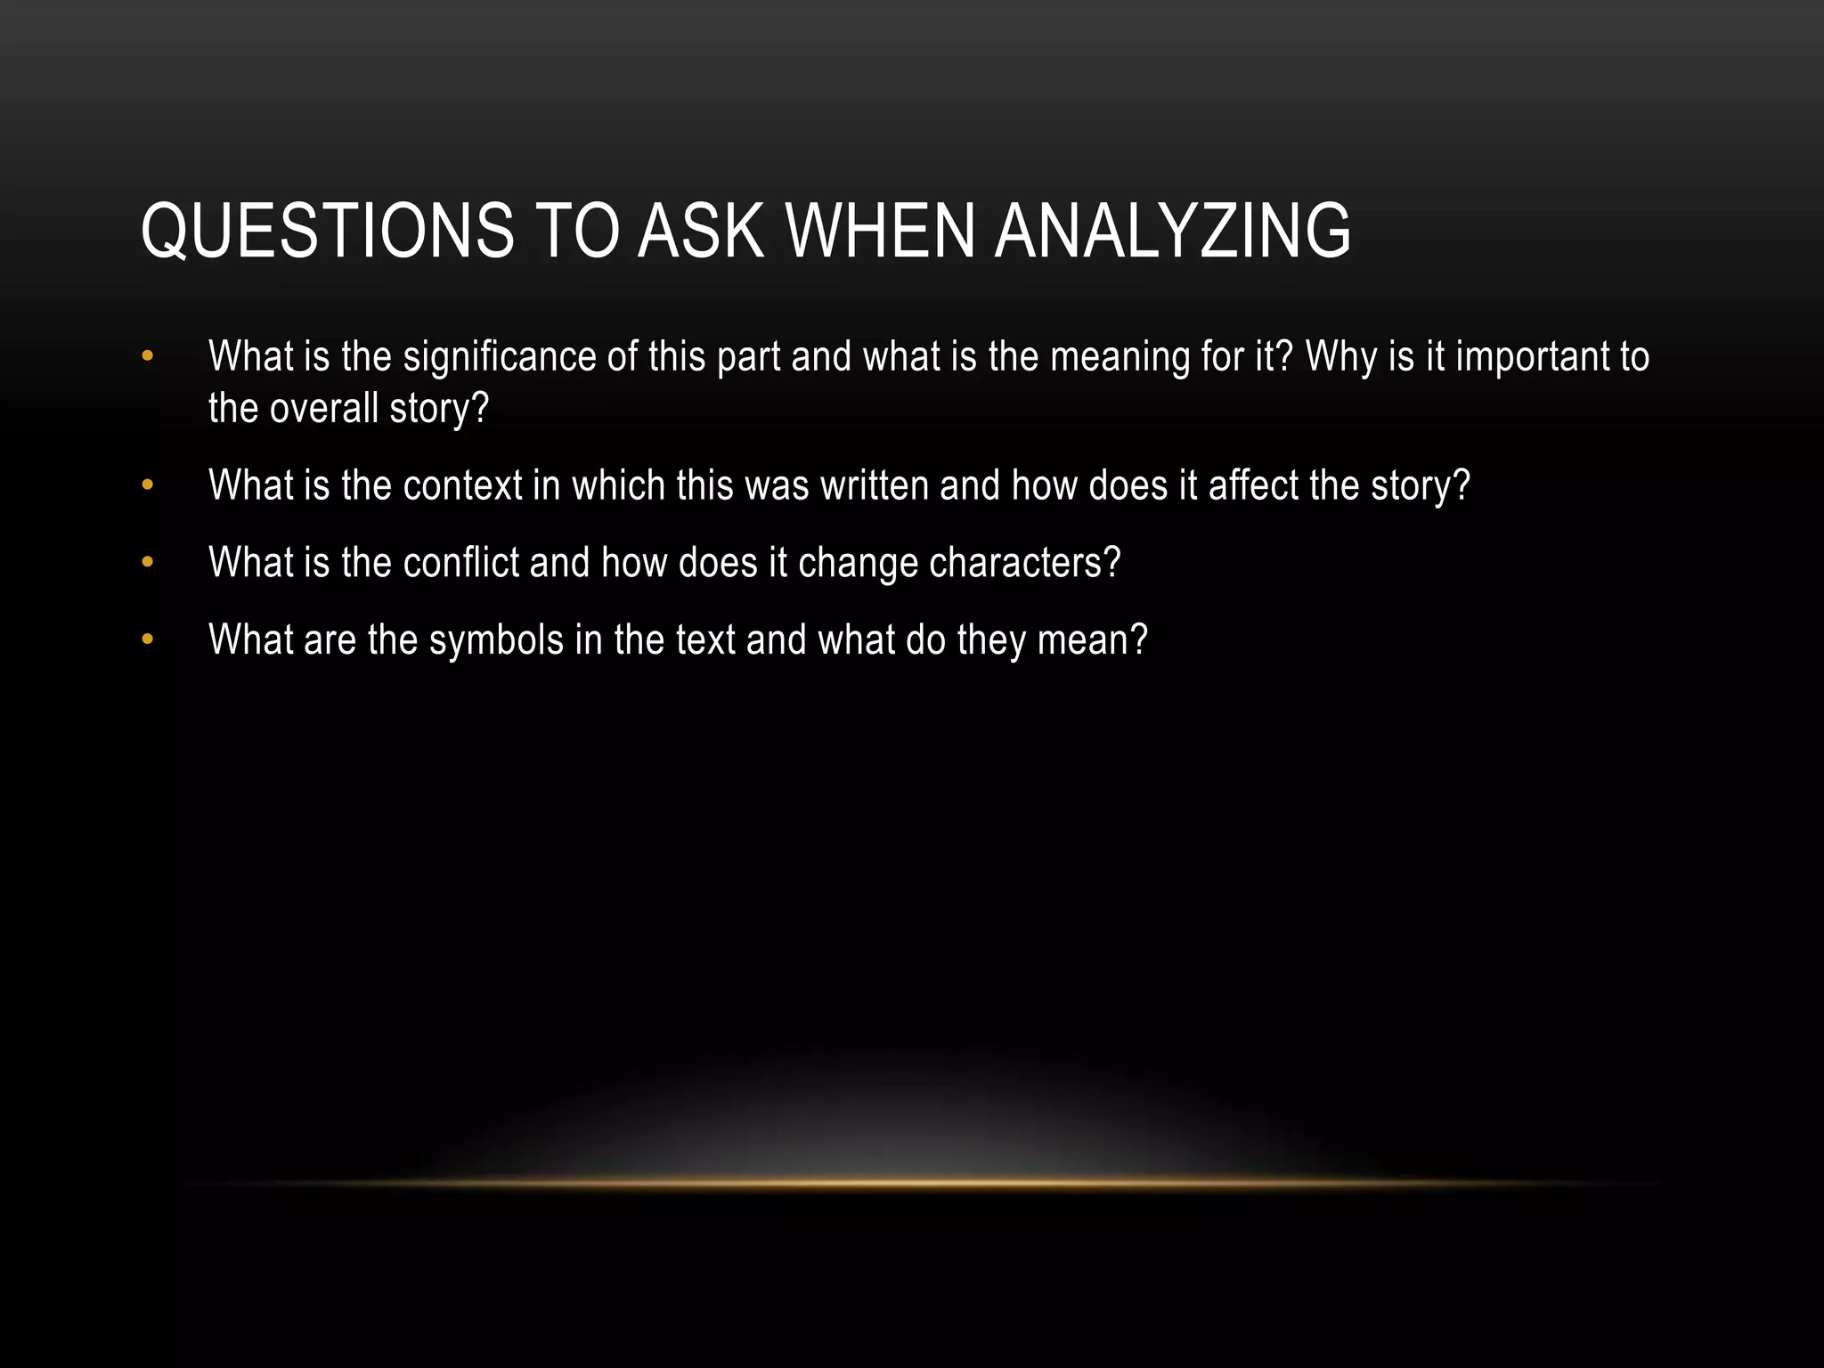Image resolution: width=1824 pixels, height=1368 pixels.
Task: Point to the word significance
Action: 499,358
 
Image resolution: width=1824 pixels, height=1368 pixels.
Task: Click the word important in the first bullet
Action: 1531,358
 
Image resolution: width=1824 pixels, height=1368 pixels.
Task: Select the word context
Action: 462,486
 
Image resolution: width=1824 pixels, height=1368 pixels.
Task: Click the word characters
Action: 1024,564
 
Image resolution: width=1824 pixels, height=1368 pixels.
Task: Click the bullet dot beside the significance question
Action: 148,358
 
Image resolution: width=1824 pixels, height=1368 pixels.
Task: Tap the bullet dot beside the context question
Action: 148,486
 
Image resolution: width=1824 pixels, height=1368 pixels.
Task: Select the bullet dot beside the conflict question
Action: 148,564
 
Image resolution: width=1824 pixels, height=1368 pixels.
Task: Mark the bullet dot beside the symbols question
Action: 148,640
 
